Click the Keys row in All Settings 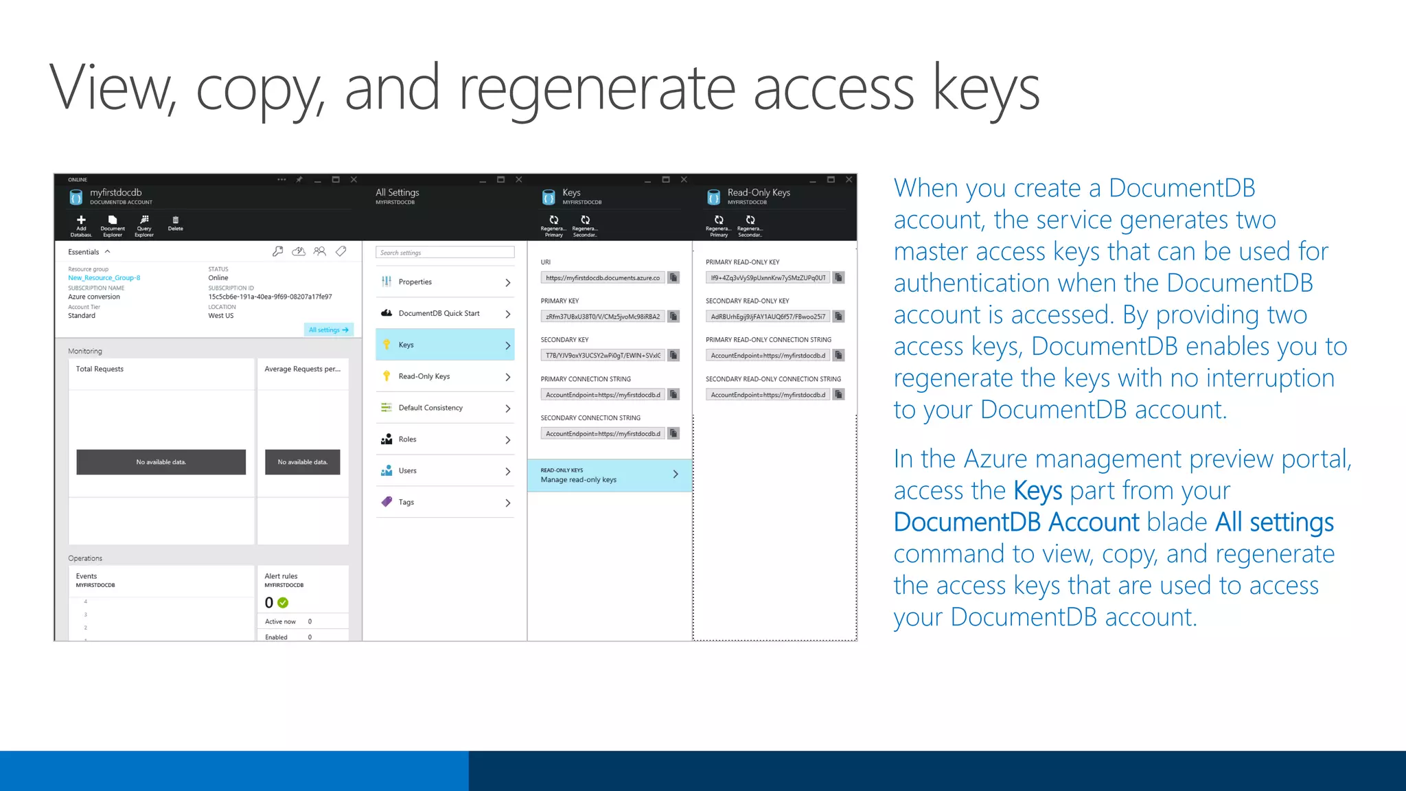[x=444, y=345]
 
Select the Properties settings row [x=444, y=282]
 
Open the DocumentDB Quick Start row [x=444, y=313]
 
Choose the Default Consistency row [x=444, y=408]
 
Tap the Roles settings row [x=444, y=439]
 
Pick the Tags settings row [x=444, y=502]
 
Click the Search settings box [x=445, y=253]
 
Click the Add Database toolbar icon [x=81, y=221]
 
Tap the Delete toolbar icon [x=175, y=221]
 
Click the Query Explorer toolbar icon [x=144, y=221]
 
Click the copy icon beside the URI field [x=673, y=277]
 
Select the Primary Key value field [x=602, y=317]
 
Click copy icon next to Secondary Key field [x=673, y=355]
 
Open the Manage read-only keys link [x=609, y=475]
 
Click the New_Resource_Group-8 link [x=104, y=278]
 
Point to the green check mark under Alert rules [x=283, y=603]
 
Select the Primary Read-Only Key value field [x=768, y=277]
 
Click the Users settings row [x=444, y=471]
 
